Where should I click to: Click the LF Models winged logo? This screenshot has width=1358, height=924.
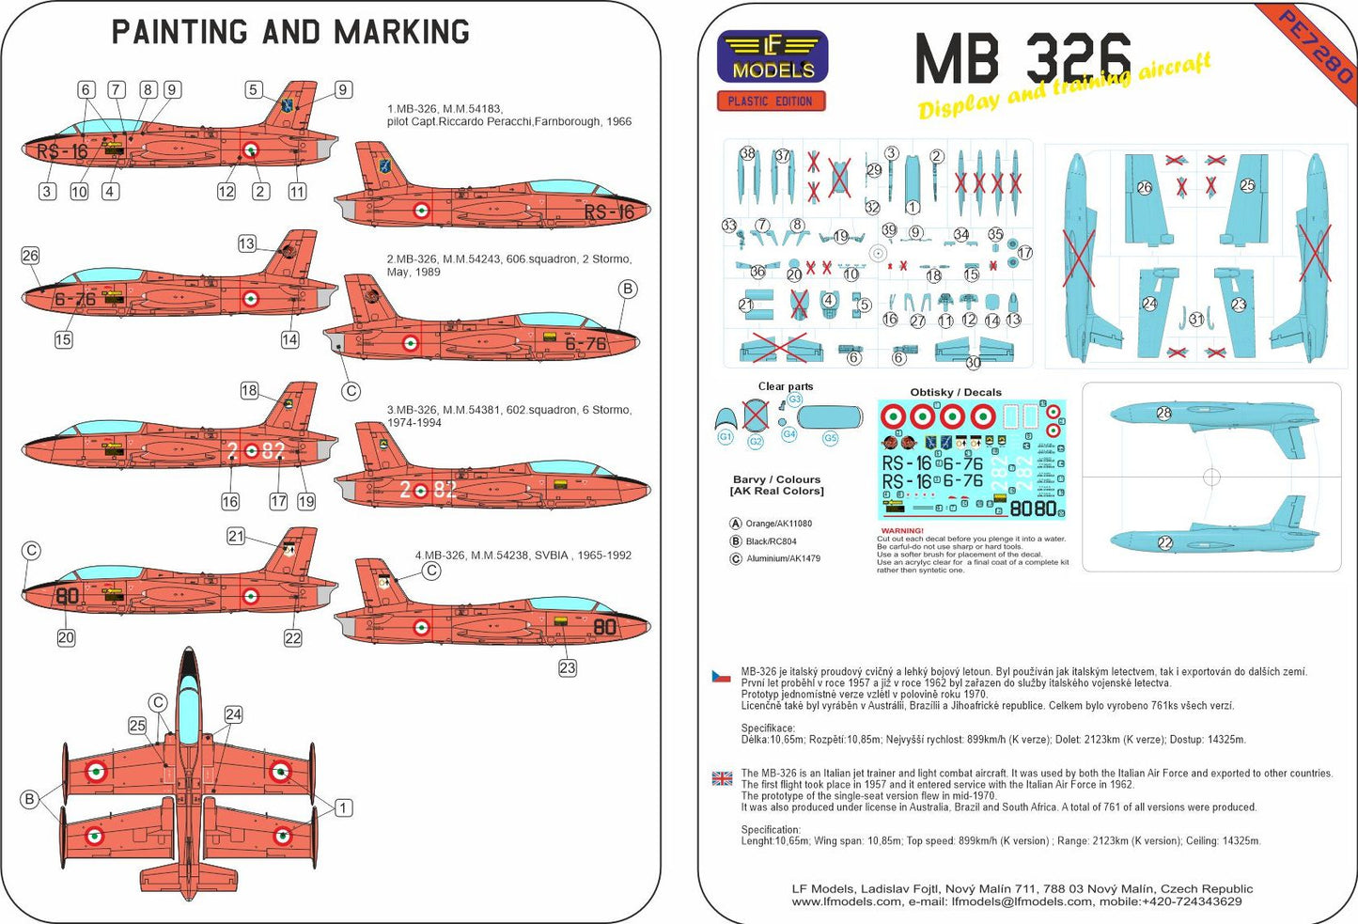tap(773, 57)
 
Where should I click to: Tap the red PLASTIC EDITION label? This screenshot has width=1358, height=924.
tap(771, 102)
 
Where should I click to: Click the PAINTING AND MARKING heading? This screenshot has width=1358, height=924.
tap(290, 32)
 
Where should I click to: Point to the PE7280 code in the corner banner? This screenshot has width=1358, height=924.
tap(1315, 46)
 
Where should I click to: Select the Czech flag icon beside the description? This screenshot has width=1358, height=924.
tap(721, 677)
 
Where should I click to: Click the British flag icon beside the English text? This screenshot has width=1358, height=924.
tap(722, 778)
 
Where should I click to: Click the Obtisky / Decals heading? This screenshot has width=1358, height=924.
tap(956, 392)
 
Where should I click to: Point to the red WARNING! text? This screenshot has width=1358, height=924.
tap(902, 531)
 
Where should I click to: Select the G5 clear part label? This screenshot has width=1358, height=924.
tap(830, 439)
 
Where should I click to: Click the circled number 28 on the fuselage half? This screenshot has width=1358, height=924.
tap(1163, 414)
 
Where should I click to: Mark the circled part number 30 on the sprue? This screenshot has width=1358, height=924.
tap(973, 363)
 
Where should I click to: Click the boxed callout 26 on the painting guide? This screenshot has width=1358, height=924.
tap(30, 256)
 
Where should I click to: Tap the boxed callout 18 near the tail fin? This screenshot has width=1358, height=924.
tap(249, 390)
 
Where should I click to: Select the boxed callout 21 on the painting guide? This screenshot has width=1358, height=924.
tap(236, 536)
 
